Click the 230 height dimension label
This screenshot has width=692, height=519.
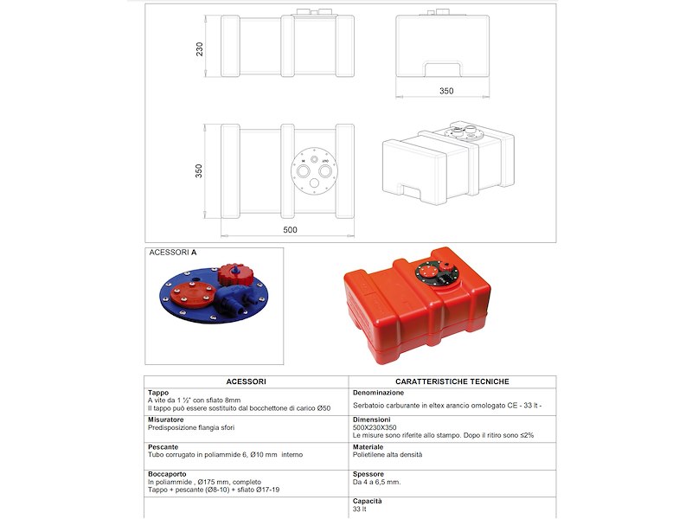click(x=200, y=49)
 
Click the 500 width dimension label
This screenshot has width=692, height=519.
click(x=290, y=230)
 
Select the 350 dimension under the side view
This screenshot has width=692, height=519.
click(x=446, y=91)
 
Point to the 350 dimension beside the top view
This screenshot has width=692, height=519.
click(x=200, y=170)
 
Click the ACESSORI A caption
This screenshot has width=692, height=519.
click(x=173, y=253)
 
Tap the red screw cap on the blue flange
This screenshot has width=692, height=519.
click(x=233, y=276)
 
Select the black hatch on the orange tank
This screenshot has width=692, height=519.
click(x=436, y=276)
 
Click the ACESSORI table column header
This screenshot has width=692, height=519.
click(x=246, y=381)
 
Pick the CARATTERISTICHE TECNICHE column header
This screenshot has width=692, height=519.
click(x=452, y=381)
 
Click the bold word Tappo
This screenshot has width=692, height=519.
click(x=158, y=393)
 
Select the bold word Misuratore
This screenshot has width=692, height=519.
click(x=166, y=420)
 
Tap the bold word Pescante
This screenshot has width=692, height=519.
click(x=163, y=447)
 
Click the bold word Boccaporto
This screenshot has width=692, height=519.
click(x=167, y=474)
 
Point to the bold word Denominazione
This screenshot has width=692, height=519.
click(x=379, y=393)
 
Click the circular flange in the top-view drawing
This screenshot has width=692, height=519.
click(x=312, y=169)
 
